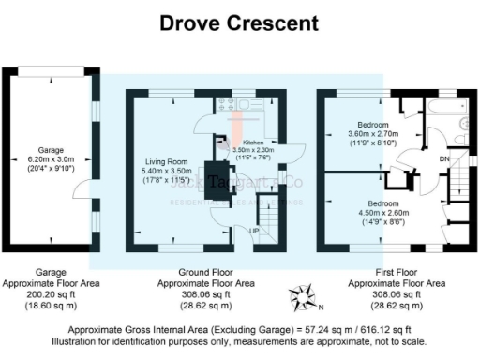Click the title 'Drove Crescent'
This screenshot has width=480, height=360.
239,22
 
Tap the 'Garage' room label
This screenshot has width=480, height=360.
51,150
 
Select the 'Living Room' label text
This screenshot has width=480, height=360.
166,161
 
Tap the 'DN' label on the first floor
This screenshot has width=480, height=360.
443,159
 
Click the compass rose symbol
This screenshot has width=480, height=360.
302,298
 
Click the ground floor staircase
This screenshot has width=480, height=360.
269,211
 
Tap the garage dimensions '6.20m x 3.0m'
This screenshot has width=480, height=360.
51,159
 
